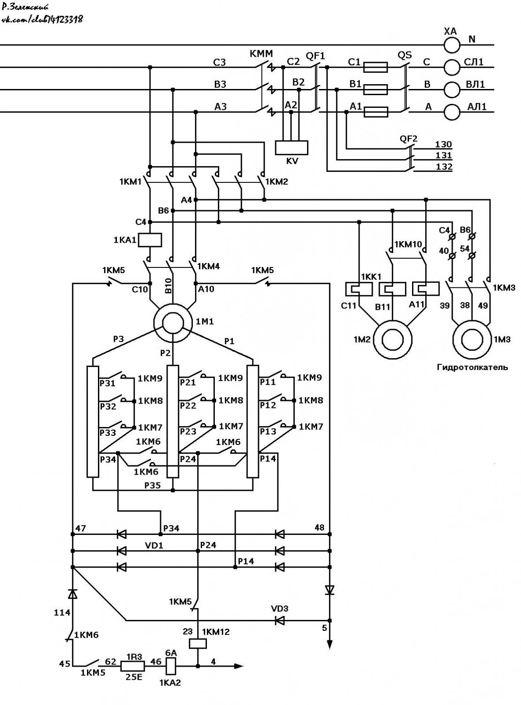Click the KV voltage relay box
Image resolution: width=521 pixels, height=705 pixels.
coord(291,148)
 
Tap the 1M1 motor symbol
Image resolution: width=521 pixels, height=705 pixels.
coord(173,323)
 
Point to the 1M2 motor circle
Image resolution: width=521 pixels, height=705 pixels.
coord(393,339)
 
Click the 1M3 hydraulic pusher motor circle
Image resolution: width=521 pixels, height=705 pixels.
coord(472,339)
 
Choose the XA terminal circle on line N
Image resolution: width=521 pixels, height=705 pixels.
coord(452,45)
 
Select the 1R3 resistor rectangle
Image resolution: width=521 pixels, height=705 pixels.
coord(132,666)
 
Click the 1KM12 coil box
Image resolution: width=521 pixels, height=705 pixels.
coord(198,643)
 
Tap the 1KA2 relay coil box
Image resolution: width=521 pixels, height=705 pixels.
coord(171,666)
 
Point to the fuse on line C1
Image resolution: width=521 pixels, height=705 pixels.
coord(375,67)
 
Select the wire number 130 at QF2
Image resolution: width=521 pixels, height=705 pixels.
coord(443,145)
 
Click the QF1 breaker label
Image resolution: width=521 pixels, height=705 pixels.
coord(315,56)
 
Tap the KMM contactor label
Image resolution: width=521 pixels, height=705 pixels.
coord(261,54)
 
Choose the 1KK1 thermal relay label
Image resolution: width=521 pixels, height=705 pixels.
coord(371,277)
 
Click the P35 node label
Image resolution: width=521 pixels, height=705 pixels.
coord(153,486)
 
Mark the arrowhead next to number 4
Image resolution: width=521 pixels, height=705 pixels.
coord(239,666)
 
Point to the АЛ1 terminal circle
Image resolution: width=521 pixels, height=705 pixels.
coord(452,112)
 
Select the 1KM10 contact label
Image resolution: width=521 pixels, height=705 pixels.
coord(408,244)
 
